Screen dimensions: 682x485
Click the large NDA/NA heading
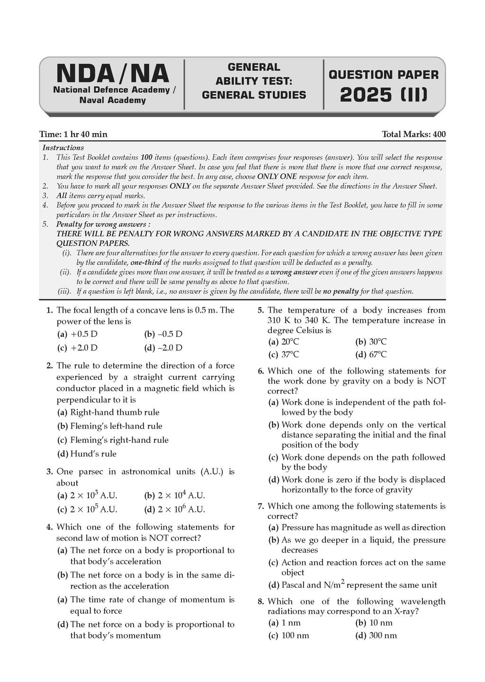tap(112, 74)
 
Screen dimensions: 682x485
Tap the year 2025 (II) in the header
tap(384, 95)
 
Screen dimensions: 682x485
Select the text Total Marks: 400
tap(413, 135)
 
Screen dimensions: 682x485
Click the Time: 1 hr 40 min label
tap(73, 135)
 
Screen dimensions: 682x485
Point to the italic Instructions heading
tap(63, 148)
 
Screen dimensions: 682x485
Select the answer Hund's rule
tap(93, 454)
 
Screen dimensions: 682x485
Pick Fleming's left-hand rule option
tap(116, 426)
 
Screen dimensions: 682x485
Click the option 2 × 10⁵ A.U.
tap(93, 510)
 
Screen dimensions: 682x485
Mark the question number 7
tap(260, 506)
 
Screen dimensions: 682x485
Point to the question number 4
tap(49, 527)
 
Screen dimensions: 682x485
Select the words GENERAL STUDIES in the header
tap(254, 95)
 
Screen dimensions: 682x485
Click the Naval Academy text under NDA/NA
tap(112, 100)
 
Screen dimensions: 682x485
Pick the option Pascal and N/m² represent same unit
tap(359, 585)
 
